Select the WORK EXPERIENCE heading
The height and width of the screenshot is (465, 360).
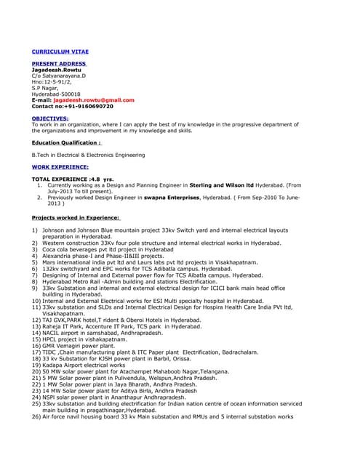click(60, 166)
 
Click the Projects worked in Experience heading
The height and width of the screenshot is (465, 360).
click(76, 217)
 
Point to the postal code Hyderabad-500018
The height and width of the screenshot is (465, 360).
click(60, 94)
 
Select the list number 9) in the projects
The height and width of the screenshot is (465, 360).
click(35, 288)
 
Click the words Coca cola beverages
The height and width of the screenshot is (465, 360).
click(73, 248)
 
